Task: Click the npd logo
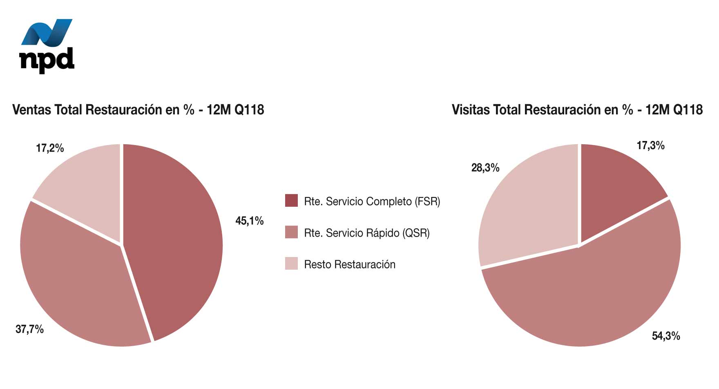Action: (47, 46)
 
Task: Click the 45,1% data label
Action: (249, 221)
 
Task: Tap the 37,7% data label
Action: (29, 329)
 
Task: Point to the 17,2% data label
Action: (50, 148)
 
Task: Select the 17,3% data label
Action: (650, 145)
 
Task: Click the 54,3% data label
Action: (666, 336)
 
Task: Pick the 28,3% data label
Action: (485, 168)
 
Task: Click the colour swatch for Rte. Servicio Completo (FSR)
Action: (291, 201)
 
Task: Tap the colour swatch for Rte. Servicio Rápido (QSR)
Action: (291, 232)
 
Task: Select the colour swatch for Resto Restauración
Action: (291, 264)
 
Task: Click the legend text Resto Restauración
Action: (350, 264)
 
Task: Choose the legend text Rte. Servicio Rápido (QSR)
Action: (367, 233)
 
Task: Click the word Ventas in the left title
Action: (31, 110)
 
